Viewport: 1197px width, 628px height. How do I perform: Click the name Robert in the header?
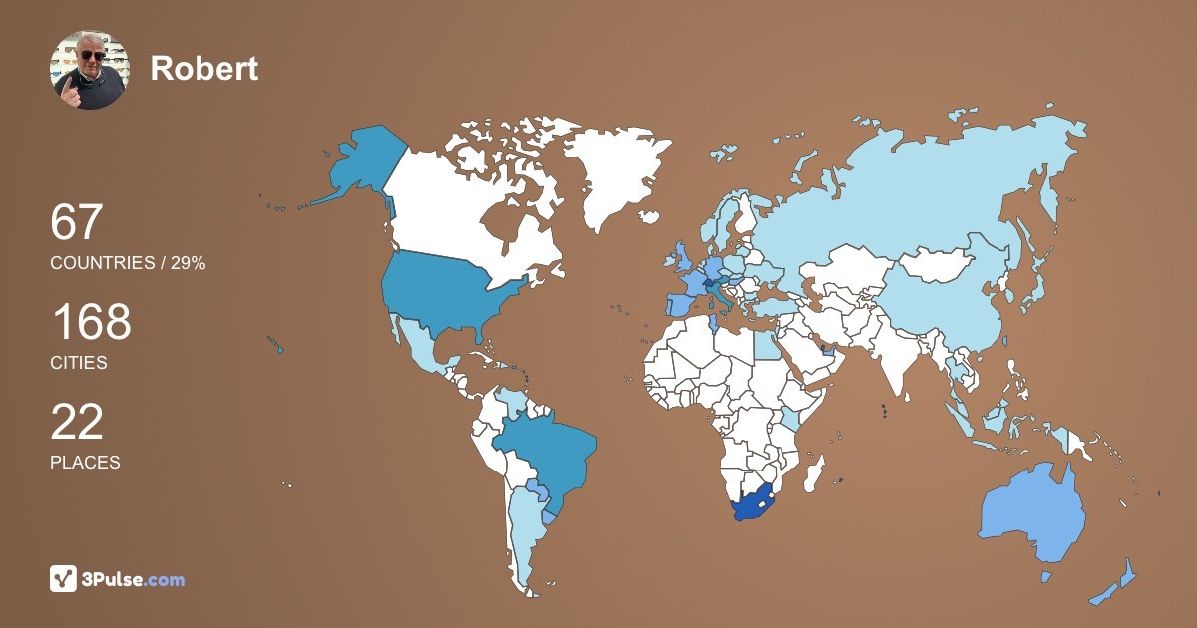point(203,68)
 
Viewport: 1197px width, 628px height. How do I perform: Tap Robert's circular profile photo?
point(89,69)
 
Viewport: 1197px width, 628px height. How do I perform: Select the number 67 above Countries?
point(77,222)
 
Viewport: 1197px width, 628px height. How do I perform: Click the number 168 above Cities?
point(91,323)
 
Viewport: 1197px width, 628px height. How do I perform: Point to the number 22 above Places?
point(77,422)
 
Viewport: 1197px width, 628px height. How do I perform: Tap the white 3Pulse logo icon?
point(64,579)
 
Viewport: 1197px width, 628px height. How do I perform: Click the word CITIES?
point(79,363)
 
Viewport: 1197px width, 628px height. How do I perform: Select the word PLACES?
point(85,463)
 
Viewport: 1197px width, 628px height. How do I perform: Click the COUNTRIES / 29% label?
point(128,263)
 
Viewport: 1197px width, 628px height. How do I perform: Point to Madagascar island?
point(816,471)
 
